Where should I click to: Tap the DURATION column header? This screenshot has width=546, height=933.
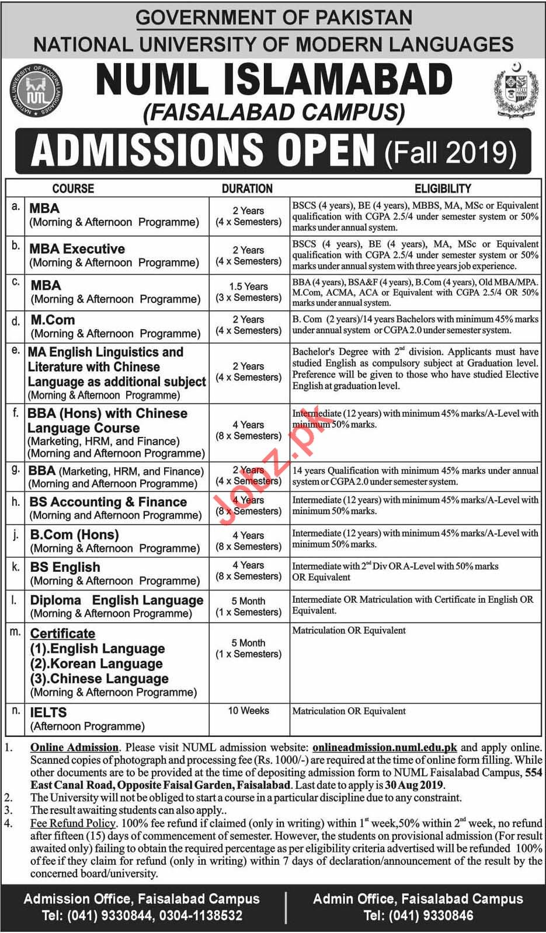pos(247,188)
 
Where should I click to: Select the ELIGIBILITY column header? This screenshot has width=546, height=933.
pos(443,188)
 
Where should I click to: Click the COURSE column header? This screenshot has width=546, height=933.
pos(73,188)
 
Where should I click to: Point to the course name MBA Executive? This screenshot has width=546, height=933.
pos(77,249)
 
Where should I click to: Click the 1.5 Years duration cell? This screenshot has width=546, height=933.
pos(249,286)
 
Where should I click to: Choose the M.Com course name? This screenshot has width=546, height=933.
pos(53,320)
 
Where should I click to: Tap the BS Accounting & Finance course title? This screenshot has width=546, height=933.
pos(109,502)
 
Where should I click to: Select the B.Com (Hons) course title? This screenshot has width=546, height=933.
pos(74,534)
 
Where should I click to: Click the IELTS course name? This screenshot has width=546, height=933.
pos(48,712)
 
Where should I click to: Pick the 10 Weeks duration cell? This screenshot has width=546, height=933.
pos(249,711)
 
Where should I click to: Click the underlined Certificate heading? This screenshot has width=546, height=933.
pos(62,633)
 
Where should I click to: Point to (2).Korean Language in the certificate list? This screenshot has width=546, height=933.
pos(96,663)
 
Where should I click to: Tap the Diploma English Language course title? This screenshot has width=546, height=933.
pos(117,600)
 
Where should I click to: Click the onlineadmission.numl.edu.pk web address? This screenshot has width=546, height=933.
pos(385,747)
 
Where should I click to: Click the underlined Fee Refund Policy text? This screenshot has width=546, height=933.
pos(73,823)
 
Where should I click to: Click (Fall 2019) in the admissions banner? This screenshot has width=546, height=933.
pos(451,153)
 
